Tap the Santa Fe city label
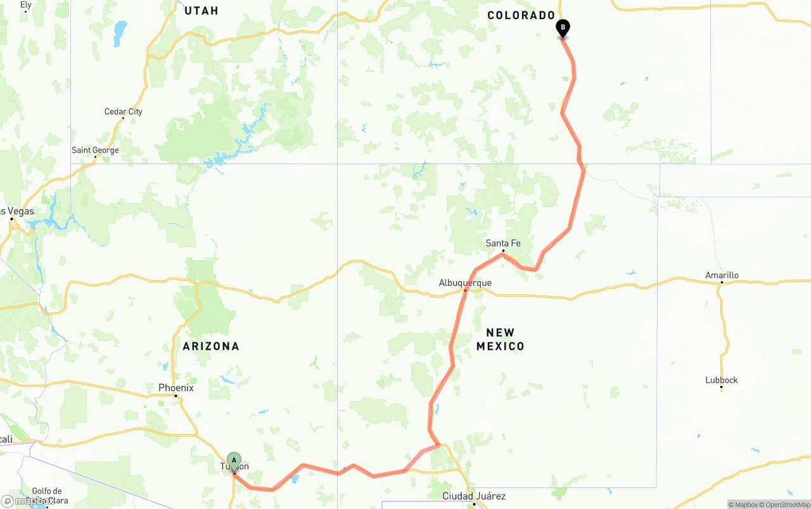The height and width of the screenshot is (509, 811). (x=503, y=243)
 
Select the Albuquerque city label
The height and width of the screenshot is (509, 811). (x=465, y=283)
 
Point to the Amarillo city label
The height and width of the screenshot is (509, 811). (x=722, y=275)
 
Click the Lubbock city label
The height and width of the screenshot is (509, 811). (x=722, y=380)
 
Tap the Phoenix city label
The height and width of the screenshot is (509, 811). (x=176, y=388)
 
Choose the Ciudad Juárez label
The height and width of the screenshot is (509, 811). (x=474, y=496)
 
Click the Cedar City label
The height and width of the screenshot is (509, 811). (x=124, y=112)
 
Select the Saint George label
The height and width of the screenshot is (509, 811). (x=95, y=150)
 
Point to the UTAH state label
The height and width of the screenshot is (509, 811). (x=201, y=11)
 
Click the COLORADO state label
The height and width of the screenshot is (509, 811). (x=521, y=15)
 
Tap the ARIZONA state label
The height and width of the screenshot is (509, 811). (x=211, y=346)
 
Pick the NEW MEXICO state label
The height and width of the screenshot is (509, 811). (x=501, y=339)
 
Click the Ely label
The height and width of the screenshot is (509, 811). (x=25, y=4)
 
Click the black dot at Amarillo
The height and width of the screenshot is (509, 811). (x=721, y=283)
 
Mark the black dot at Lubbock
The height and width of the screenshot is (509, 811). (x=721, y=389)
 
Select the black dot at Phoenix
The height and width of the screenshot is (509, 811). (x=176, y=396)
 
